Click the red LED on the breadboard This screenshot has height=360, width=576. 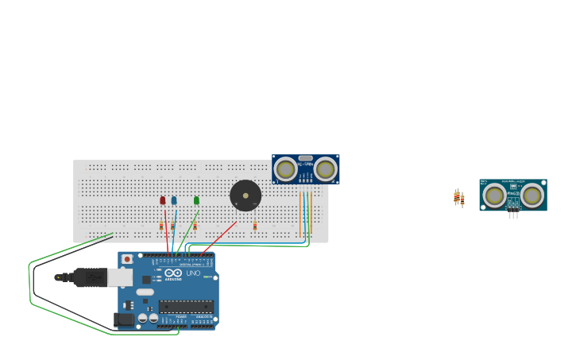[163, 200]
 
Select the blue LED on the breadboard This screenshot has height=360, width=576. [174, 200]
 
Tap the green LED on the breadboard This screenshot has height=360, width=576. [196, 200]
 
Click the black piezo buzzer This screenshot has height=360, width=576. [245, 195]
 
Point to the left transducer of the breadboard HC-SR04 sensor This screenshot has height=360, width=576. [286, 169]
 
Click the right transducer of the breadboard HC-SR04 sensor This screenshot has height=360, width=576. [325, 169]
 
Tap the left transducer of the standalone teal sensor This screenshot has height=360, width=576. [494, 195]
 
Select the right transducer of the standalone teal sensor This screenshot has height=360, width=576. [532, 195]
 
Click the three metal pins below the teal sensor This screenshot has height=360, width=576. [513, 215]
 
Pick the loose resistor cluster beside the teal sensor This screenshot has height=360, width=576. [458, 198]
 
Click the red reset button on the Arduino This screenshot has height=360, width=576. [127, 259]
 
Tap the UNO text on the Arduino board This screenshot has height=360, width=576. [193, 273]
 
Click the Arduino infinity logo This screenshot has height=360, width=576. [173, 273]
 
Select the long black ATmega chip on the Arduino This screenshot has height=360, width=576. [186, 306]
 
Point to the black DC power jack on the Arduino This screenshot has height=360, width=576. [124, 319]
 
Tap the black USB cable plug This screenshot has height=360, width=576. [88, 277]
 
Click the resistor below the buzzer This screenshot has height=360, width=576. [255, 226]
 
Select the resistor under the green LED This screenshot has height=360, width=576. [195, 226]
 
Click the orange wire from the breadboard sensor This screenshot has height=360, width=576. [311, 211]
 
